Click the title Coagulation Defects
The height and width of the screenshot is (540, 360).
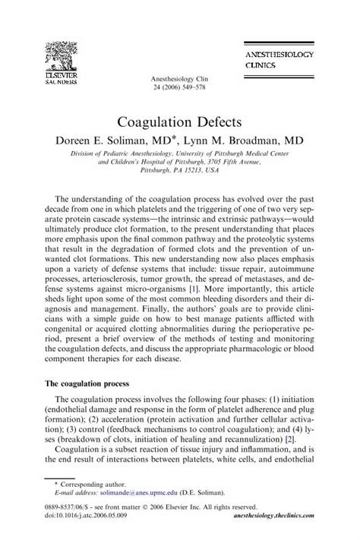click(180, 122)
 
